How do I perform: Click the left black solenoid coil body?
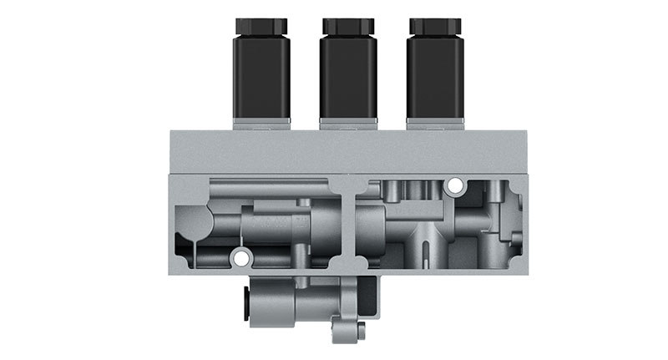pyautogui.click(x=262, y=77)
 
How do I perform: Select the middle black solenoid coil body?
pyautogui.click(x=348, y=77)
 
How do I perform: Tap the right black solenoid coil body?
pyautogui.click(x=435, y=77)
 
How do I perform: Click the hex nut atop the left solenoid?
pyautogui.click(x=262, y=26)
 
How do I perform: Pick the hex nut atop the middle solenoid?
pyautogui.click(x=348, y=26)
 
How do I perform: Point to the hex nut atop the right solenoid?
pyautogui.click(x=435, y=26)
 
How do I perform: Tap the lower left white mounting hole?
pyautogui.click(x=241, y=259)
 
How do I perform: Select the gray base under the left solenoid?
pyautogui.click(x=262, y=124)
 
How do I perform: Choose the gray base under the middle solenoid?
pyautogui.click(x=348, y=124)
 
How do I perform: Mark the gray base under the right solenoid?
pyautogui.click(x=435, y=124)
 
